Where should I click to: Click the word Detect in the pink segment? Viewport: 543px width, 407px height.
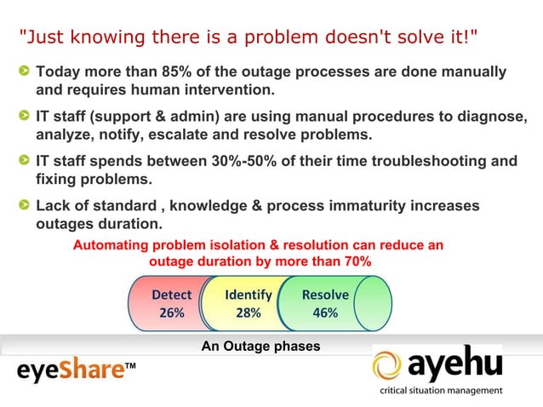tap(171, 295)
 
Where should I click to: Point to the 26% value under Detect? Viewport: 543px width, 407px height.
tap(171, 312)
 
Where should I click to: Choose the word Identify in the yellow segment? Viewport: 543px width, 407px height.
tap(248, 295)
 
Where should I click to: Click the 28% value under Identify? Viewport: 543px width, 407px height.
tap(248, 312)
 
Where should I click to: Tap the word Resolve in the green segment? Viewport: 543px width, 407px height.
tap(325, 295)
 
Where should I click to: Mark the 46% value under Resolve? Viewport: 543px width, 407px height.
tap(325, 312)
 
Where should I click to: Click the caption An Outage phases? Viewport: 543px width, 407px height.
tap(260, 347)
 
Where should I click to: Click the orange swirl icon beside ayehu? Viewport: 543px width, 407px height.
tap(391, 366)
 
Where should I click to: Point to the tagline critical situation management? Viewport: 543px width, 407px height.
tap(440, 391)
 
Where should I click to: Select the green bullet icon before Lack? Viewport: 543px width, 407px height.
tap(26, 206)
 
